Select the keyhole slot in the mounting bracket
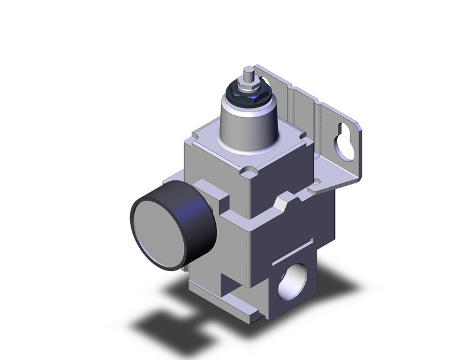tap(342, 140)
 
